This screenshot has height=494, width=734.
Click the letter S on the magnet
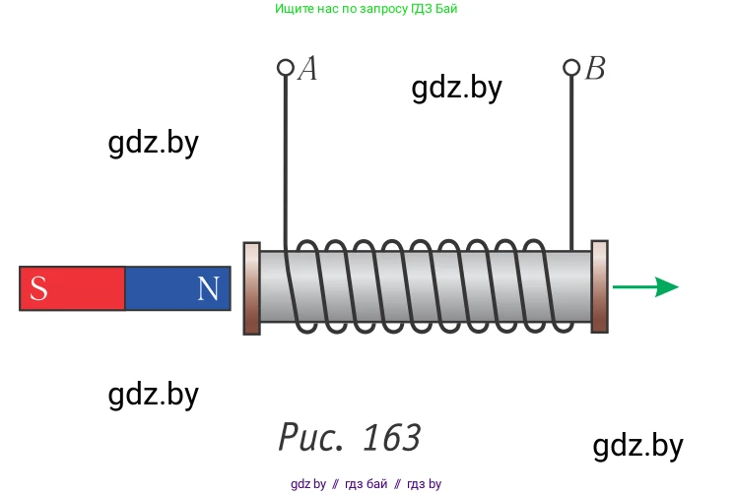point(38,288)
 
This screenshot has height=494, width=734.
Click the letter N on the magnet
point(208,288)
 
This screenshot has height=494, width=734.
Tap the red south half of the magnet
point(73,288)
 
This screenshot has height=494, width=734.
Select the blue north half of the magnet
point(177,288)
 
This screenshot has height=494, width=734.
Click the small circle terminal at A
point(286,68)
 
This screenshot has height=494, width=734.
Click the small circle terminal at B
point(571,68)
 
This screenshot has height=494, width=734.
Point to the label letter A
point(307,69)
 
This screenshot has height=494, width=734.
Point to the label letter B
point(594,69)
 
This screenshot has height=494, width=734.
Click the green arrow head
point(667,287)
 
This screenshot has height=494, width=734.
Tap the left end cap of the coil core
point(251,287)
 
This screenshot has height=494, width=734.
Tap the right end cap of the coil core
point(599,287)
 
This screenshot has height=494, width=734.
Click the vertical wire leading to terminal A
point(286,157)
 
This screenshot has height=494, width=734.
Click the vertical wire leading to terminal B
point(571,157)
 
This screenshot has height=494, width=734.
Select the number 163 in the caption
point(391,437)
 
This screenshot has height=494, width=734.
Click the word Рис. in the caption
point(312,437)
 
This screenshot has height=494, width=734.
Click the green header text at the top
point(367,9)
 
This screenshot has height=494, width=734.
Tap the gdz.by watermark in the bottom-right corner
point(637,446)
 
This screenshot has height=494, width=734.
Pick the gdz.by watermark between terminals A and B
point(456,89)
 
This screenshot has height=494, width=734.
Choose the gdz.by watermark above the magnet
point(153,144)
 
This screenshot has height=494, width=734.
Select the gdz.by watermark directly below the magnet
point(153,396)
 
